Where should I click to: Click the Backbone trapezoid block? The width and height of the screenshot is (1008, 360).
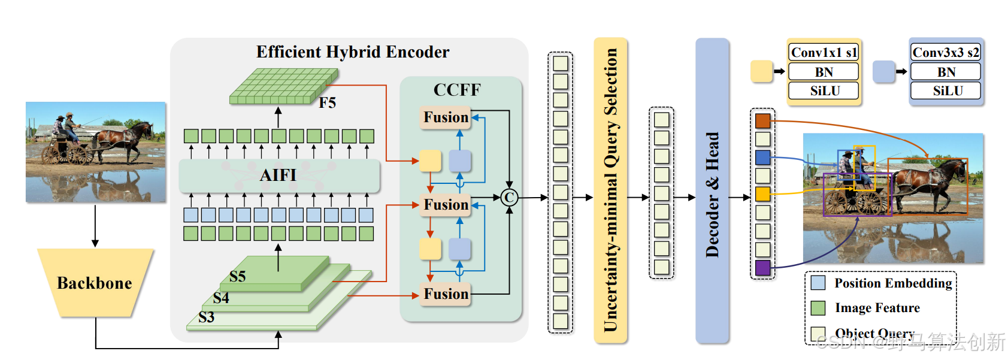point(95,283)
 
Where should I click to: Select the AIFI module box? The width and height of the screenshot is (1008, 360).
point(279,175)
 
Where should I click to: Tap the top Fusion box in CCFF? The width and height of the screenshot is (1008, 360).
point(446,117)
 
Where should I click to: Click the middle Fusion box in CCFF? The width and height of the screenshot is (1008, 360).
point(446,205)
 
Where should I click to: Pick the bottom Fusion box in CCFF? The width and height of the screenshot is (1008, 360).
point(446,294)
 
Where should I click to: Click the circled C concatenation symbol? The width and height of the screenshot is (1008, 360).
point(509,197)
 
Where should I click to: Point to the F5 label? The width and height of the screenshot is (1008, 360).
point(327,103)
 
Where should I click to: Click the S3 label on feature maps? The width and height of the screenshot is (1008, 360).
point(207,317)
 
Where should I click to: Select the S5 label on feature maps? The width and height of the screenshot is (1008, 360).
point(238,277)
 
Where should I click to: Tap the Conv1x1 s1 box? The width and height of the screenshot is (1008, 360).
point(824,53)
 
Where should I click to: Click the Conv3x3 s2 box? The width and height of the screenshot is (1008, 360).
point(946,53)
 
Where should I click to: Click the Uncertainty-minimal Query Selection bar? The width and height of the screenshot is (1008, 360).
point(610,190)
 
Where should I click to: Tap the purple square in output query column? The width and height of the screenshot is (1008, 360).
point(762,268)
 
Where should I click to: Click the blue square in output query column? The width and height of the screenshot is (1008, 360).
point(762,158)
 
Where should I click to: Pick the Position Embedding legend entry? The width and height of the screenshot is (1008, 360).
point(880,283)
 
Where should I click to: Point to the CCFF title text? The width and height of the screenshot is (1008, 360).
point(457,90)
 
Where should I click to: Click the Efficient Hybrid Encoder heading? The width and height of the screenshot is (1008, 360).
point(353,52)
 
